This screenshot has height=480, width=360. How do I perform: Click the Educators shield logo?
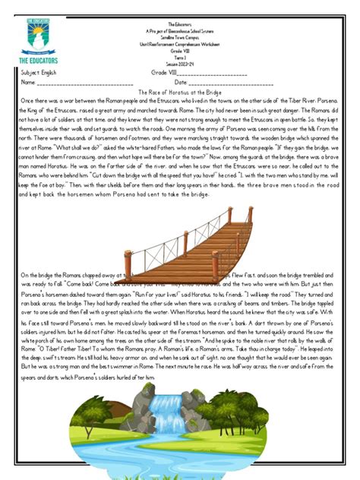tap(38, 34)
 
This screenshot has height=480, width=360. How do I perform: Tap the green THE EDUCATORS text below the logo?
tap(38, 60)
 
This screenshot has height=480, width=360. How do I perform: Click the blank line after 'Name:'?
tap(80, 81)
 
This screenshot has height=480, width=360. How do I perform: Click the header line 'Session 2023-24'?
tap(180, 63)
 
